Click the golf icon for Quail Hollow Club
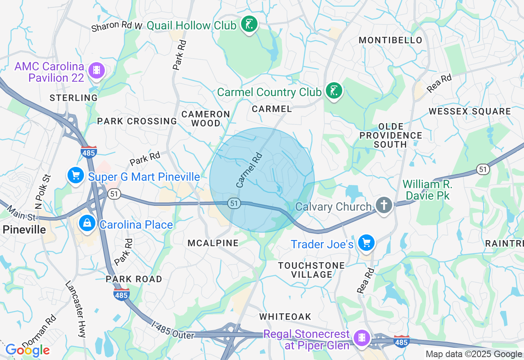click(x=249, y=25)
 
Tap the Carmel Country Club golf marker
click(x=334, y=91)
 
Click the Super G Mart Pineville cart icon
click(x=75, y=176)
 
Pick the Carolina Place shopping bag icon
click(x=87, y=224)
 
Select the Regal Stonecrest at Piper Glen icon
click(x=362, y=337)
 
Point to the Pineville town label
click(x=24, y=229)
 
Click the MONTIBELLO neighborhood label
click(x=390, y=40)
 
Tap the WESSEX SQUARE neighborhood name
click(x=470, y=111)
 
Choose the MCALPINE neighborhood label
click(x=213, y=243)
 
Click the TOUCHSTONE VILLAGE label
click(x=311, y=270)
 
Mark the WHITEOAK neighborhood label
click(x=285, y=317)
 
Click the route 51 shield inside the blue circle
click(x=234, y=203)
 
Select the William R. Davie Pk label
click(x=427, y=190)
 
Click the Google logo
click(x=27, y=350)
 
